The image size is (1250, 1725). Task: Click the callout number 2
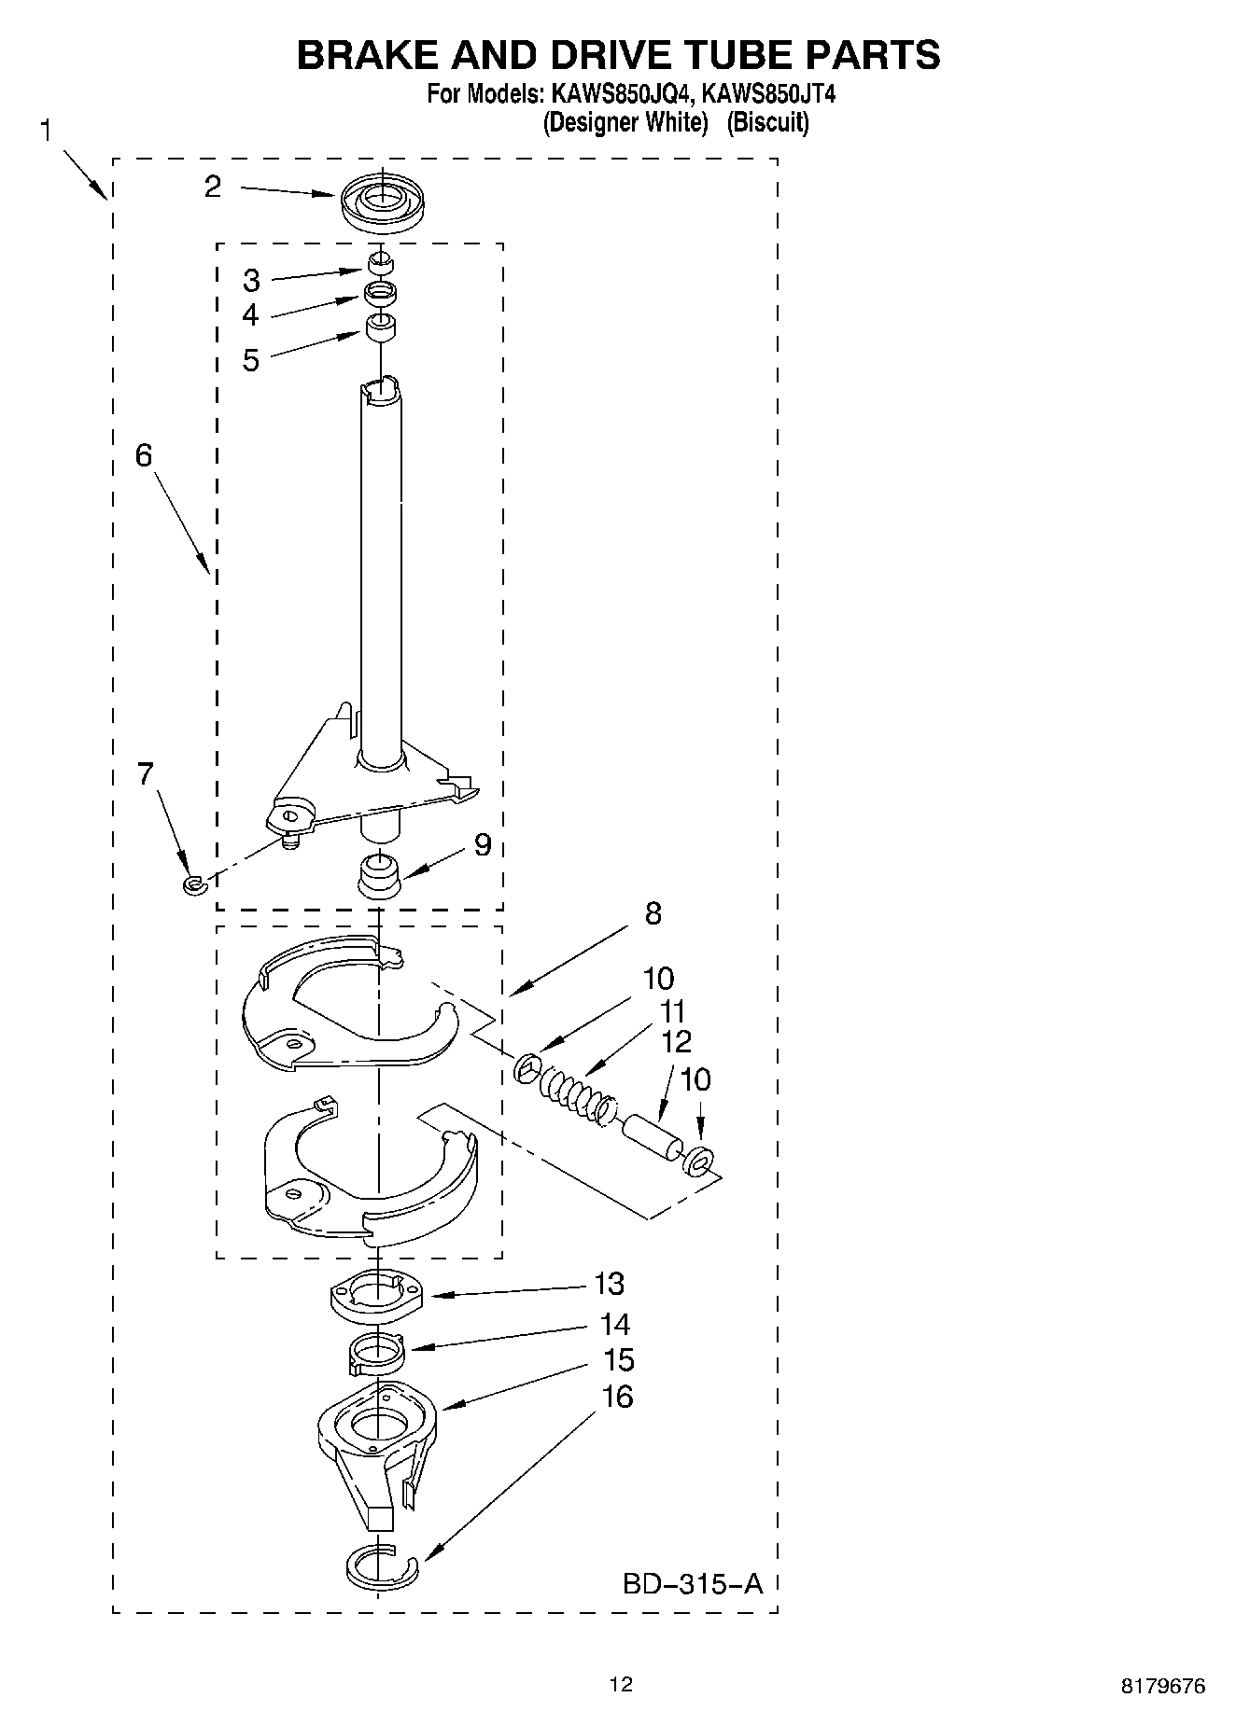[213, 187]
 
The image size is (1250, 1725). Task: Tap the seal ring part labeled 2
[380, 203]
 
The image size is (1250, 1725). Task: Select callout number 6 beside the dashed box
[143, 455]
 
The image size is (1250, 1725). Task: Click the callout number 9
[482, 844]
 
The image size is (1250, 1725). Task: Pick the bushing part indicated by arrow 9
[379, 874]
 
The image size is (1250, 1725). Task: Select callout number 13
[609, 1284]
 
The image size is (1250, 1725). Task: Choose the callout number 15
[619, 1360]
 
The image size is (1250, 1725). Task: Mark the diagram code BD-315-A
[692, 1583]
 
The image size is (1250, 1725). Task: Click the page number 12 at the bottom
[621, 1683]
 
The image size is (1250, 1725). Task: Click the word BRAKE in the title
[365, 56]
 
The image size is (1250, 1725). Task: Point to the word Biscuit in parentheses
[767, 122]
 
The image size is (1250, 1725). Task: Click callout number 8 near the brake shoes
[653, 912]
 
